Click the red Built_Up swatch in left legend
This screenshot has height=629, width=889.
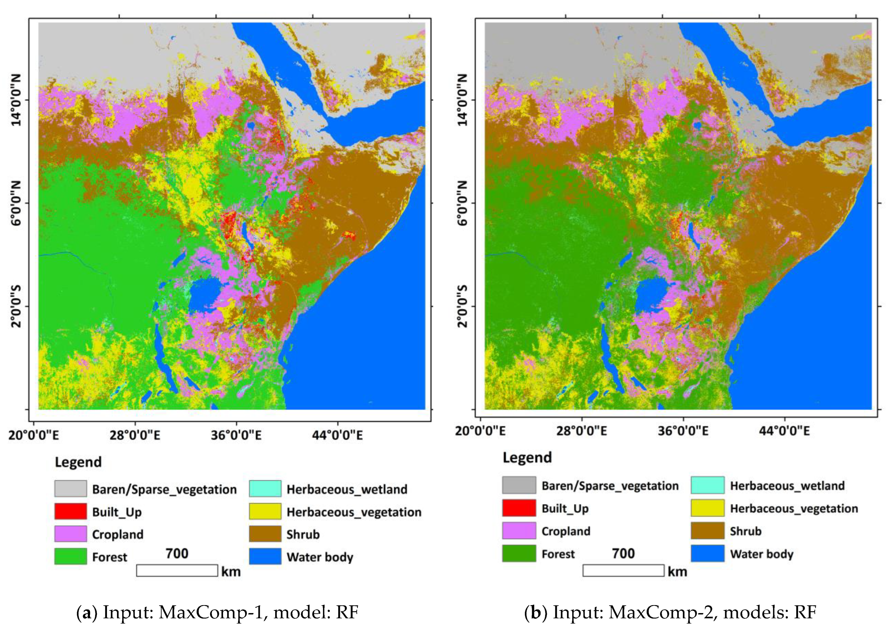point(71,511)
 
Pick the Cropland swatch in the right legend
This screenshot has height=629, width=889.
point(519,530)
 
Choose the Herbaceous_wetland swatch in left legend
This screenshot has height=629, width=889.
point(265,488)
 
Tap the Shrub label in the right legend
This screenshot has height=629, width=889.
point(745,531)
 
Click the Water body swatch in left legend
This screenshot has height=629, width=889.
point(265,556)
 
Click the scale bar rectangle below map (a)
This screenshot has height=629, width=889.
point(177,571)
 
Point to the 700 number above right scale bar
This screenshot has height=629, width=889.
point(623,553)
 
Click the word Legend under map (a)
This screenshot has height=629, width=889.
point(78,462)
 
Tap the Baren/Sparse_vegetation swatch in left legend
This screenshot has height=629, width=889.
point(71,488)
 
